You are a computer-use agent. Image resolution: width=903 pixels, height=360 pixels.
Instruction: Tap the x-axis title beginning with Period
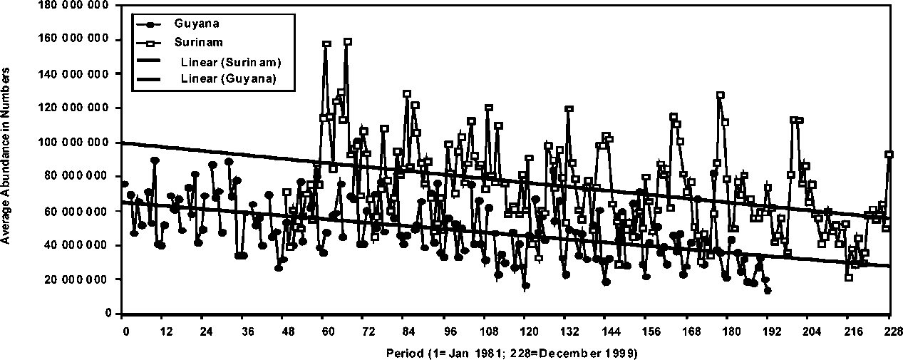pyautogui.click(x=512, y=352)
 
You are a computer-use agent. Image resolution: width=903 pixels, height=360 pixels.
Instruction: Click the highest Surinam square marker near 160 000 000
pyautogui.click(x=347, y=42)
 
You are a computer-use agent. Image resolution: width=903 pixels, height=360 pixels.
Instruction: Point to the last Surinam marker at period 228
pyautogui.click(x=889, y=154)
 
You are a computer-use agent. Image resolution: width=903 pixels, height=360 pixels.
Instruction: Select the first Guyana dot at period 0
pyautogui.click(x=125, y=184)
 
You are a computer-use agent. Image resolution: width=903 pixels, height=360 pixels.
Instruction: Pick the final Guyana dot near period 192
pyautogui.click(x=768, y=290)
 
